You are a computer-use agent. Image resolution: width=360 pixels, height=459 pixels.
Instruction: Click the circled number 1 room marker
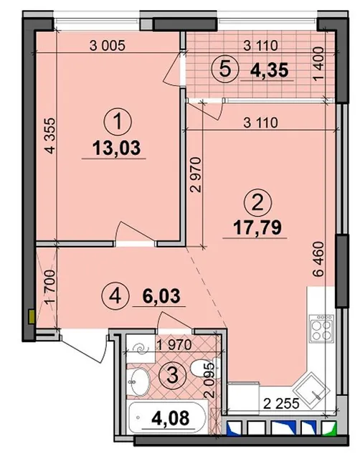(x=118, y=122)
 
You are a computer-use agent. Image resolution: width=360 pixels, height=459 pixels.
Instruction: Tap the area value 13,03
(x=116, y=148)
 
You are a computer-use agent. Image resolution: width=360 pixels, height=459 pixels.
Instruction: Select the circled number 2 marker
(x=257, y=203)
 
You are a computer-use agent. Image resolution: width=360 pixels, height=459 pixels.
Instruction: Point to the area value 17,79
(x=257, y=228)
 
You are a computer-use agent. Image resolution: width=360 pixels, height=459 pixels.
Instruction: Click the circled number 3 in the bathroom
(x=172, y=374)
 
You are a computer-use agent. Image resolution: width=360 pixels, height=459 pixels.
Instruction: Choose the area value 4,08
(x=171, y=418)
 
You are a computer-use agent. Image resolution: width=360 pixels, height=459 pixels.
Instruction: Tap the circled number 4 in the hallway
(x=115, y=296)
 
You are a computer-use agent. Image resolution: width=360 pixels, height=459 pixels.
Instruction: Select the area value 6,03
(x=161, y=295)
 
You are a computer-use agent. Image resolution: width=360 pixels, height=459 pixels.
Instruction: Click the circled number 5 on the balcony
(x=225, y=70)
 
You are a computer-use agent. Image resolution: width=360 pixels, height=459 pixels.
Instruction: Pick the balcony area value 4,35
(x=270, y=70)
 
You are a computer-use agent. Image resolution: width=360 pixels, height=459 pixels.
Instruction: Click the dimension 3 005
(x=108, y=46)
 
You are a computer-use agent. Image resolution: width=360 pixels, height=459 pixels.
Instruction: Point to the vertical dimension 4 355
(x=50, y=136)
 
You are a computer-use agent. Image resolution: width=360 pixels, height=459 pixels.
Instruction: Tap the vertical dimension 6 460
(x=319, y=259)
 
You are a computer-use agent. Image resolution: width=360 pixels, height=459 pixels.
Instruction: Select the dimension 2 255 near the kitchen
(x=281, y=404)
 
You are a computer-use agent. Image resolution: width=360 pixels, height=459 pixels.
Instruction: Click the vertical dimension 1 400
(x=319, y=63)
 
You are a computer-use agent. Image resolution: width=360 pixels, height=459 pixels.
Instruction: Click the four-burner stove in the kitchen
(x=321, y=327)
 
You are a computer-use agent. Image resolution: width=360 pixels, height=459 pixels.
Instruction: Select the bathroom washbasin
(x=138, y=382)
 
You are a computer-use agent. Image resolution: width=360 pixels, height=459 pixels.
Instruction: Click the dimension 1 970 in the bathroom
(x=174, y=344)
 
